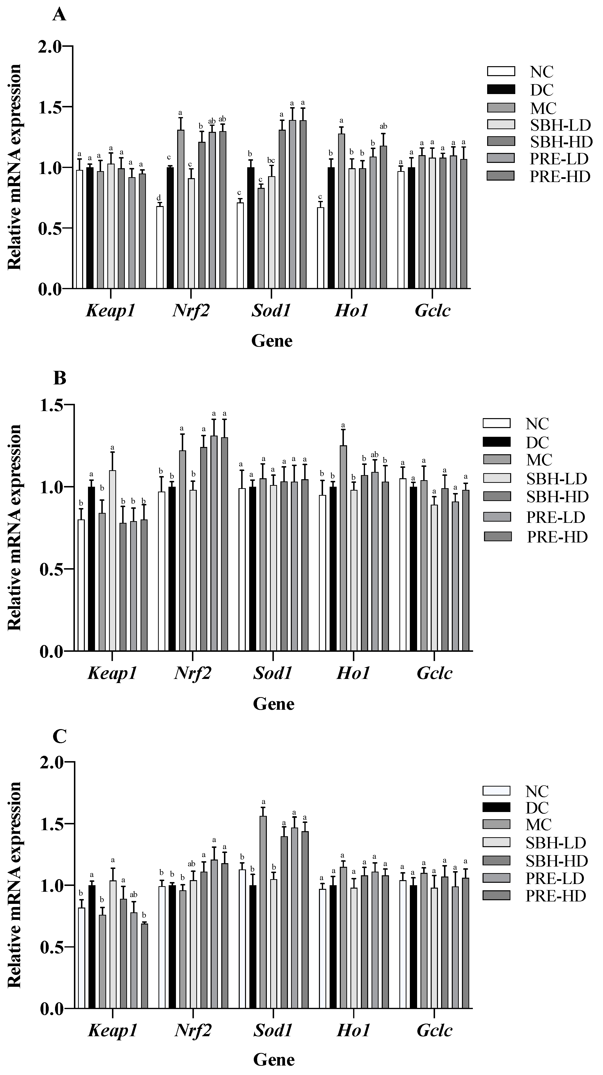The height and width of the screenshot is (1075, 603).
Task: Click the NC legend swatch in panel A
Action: [501, 71]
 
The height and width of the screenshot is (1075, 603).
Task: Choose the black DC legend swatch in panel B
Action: [497, 442]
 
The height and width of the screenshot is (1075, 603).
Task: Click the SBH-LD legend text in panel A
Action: [560, 124]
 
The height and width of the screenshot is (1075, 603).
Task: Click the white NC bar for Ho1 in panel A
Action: [320, 248]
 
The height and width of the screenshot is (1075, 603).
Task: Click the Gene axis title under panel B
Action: [274, 704]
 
